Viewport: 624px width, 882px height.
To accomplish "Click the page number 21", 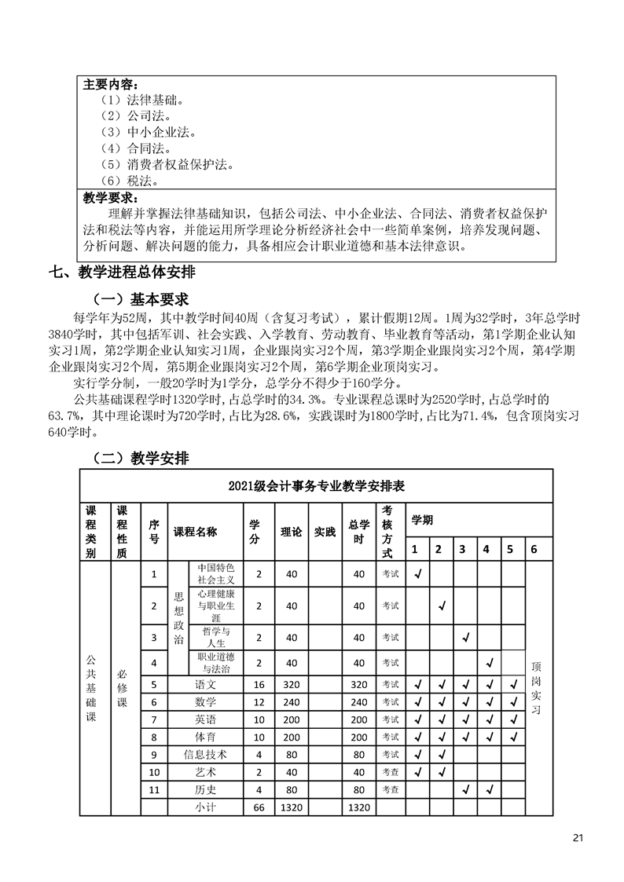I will click(x=578, y=836).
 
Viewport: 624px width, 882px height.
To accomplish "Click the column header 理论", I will click(x=292, y=532).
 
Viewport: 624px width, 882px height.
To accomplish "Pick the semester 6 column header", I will click(x=534, y=549).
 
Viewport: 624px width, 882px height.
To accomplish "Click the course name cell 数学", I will click(x=206, y=701).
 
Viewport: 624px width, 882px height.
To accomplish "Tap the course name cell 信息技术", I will click(x=206, y=754).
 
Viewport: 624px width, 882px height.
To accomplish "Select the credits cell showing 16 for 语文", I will click(x=259, y=684).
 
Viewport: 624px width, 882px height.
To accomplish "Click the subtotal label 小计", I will click(x=206, y=807).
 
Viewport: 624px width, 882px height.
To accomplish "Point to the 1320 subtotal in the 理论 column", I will click(x=292, y=807).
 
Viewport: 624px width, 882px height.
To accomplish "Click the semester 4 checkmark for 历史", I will click(x=489, y=789).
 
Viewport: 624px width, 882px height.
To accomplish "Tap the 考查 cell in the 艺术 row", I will click(x=391, y=771).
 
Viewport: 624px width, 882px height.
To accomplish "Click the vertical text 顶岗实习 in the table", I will click(x=536, y=675).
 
